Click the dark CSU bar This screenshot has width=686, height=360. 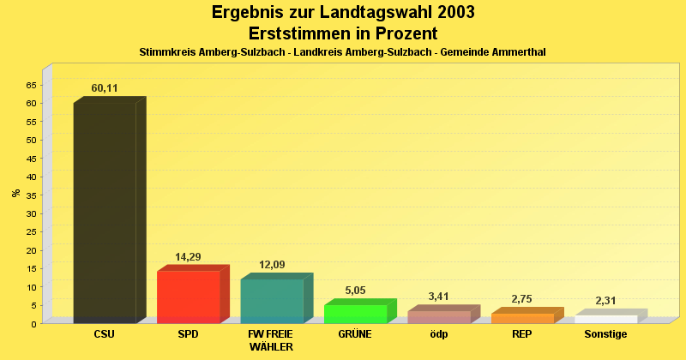click(105, 213)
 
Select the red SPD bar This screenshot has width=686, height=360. click(189, 297)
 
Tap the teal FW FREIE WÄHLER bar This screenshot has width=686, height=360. click(272, 301)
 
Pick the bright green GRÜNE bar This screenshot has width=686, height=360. click(355, 314)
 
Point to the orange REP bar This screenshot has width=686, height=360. click(522, 318)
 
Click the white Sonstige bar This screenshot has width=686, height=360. click(605, 319)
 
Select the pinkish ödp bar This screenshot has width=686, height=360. click(439, 317)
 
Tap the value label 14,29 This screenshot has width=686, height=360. click(188, 257)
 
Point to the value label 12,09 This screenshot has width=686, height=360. click(272, 265)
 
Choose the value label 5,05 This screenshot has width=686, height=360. click(355, 291)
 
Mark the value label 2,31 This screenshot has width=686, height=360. click(605, 301)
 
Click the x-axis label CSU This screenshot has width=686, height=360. click(105, 334)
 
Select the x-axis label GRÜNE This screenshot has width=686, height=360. click(355, 334)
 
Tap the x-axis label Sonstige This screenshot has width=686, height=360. click(605, 334)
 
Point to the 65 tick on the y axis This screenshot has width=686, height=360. click(31, 85)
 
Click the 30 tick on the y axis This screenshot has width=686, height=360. click(31, 213)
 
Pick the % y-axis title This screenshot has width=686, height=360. click(16, 193)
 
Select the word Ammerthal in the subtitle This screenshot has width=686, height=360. click(519, 52)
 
